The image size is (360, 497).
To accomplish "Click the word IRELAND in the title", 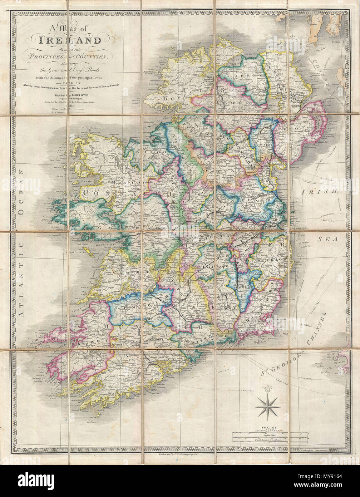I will click(x=70, y=40).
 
